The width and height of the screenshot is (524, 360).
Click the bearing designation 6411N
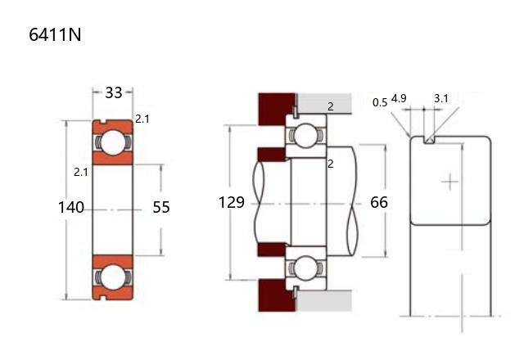(x=55, y=34)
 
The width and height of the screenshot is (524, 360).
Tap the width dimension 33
(x=114, y=92)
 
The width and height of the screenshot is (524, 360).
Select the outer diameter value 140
(x=71, y=207)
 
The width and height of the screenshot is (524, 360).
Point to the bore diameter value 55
(x=161, y=207)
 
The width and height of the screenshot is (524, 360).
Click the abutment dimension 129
(x=231, y=202)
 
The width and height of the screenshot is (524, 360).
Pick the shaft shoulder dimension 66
(x=379, y=202)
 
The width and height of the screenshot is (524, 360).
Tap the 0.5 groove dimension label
(x=380, y=102)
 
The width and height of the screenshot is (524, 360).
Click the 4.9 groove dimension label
(x=399, y=98)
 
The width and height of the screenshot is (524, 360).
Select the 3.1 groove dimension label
(x=441, y=98)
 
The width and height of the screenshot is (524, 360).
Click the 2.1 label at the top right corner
(x=142, y=119)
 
